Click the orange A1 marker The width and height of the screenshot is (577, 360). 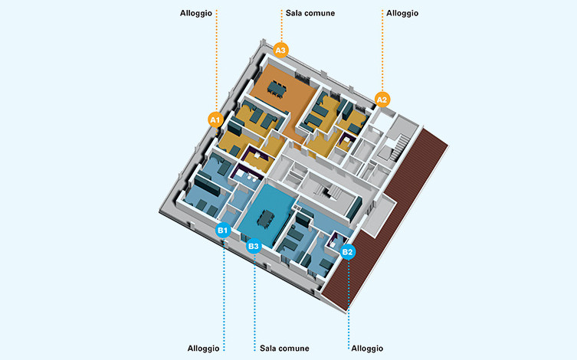tap(215, 119)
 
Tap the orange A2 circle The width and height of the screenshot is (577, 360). tap(382, 99)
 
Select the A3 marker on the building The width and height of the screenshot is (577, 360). tap(280, 50)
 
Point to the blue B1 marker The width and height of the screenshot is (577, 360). tap(222, 229)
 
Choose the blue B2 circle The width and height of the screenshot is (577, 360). tap(348, 250)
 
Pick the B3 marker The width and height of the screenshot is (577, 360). tap(254, 246)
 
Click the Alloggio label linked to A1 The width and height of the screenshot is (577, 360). tap(195, 13)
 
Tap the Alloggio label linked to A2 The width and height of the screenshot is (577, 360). tap(402, 13)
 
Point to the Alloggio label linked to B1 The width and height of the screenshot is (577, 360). tap(203, 348)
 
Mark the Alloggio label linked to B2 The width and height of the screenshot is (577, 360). tap(367, 348)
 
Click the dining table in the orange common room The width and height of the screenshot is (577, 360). tap(277, 90)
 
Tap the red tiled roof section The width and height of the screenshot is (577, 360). tap(391, 230)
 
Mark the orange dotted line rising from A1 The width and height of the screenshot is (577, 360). tap(217, 61)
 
